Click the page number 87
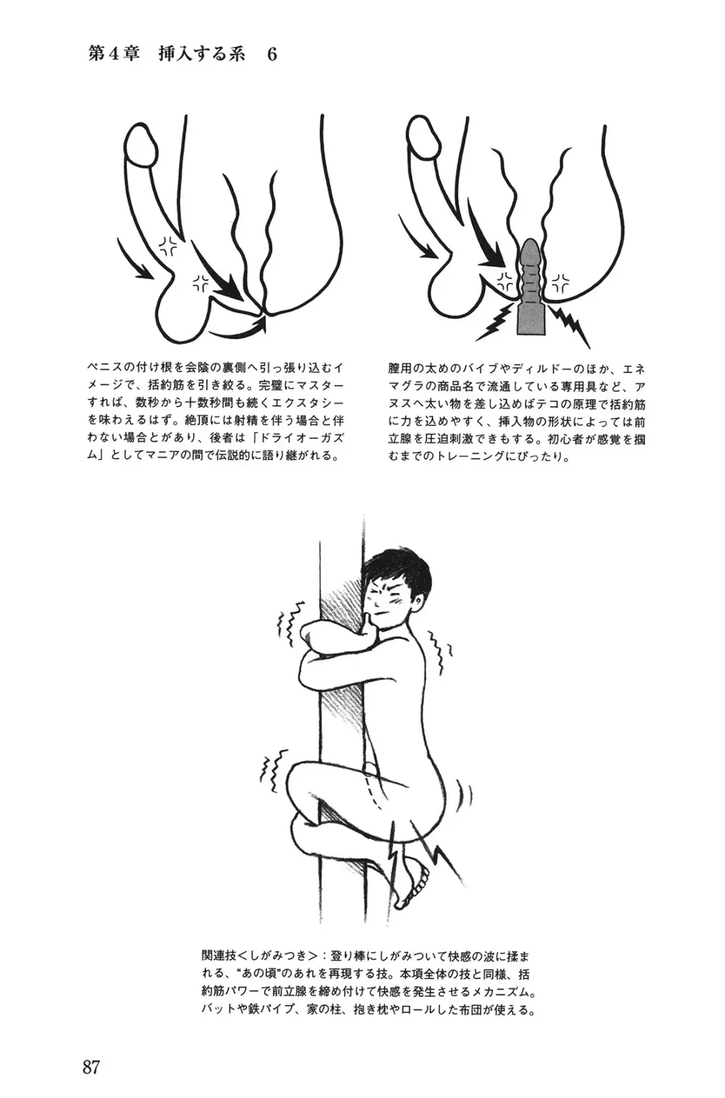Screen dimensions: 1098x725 tap(91, 1066)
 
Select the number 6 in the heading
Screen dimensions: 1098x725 tap(272, 54)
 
